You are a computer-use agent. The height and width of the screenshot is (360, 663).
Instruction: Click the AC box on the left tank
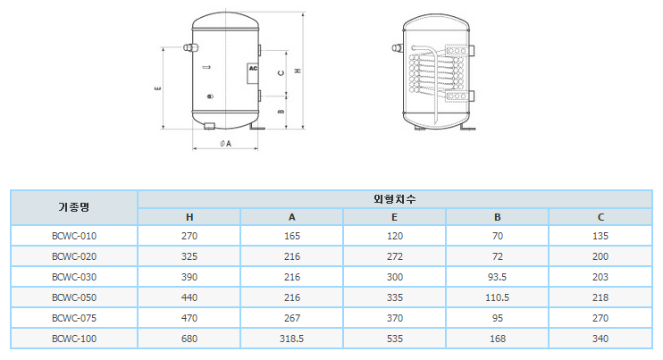(253, 73)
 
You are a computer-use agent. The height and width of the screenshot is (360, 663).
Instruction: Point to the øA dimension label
(226, 144)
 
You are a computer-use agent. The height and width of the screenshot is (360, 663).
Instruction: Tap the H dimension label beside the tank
(298, 71)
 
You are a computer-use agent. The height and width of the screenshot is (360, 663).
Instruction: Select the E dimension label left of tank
(158, 88)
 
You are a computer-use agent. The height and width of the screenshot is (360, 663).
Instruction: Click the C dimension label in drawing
(281, 73)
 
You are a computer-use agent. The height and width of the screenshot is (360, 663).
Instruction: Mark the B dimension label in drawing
(281, 112)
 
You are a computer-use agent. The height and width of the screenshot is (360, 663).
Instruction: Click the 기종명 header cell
(74, 207)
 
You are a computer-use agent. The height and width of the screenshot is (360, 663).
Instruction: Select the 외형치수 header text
(395, 199)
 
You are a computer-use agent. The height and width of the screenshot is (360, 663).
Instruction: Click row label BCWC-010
(74, 236)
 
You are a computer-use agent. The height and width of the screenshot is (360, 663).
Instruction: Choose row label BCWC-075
(74, 318)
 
